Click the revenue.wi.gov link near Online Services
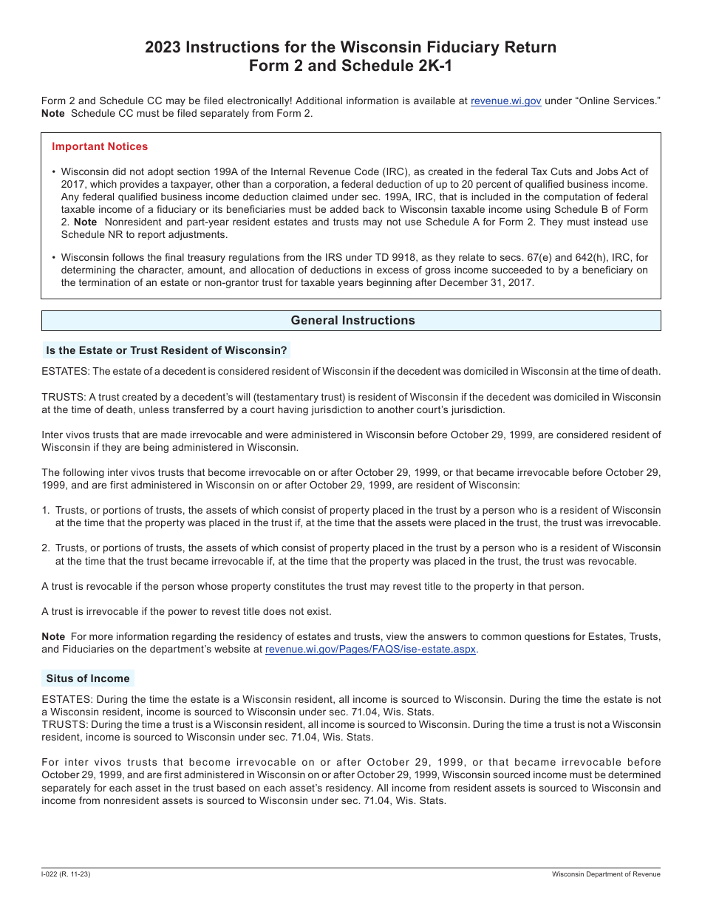click(x=505, y=101)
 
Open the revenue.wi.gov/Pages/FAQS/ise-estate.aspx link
click(x=370, y=650)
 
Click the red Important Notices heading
click(x=100, y=146)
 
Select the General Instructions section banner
click(x=352, y=321)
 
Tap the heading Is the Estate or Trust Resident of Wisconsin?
click(x=166, y=350)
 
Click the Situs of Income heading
click(x=88, y=678)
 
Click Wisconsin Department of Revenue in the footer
click(x=606, y=874)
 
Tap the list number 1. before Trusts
click(x=46, y=511)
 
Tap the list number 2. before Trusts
click(x=46, y=548)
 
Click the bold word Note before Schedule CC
click(x=53, y=114)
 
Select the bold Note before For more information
click(x=53, y=637)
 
